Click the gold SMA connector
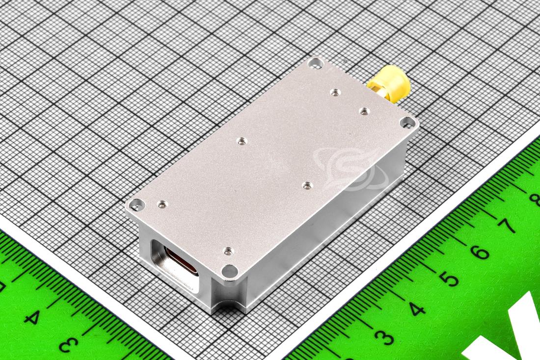[x=390, y=84]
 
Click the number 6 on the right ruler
[x=480, y=252]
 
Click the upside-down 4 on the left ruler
[x=32, y=317]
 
